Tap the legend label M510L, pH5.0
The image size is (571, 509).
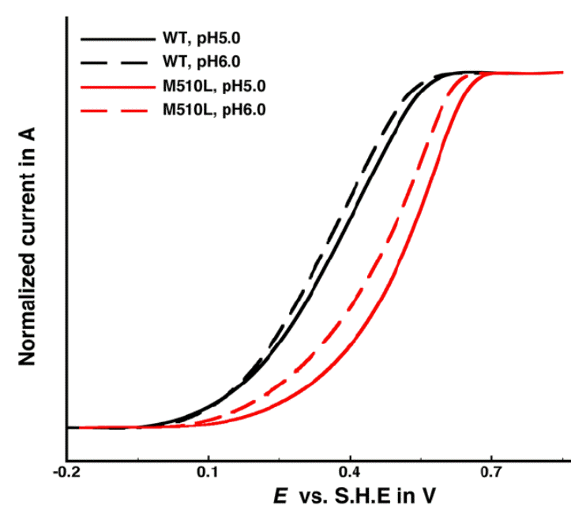(x=213, y=87)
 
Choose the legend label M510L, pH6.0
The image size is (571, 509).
(x=213, y=110)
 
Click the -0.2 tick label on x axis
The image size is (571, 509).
(x=67, y=473)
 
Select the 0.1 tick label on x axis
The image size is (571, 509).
(x=208, y=473)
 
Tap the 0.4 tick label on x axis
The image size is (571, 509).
(x=350, y=473)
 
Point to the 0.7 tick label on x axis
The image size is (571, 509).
(x=491, y=473)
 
